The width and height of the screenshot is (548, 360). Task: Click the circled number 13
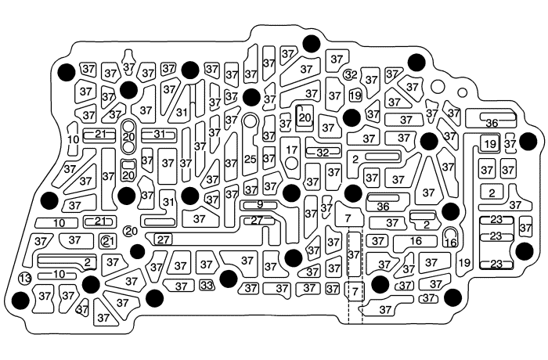tap(24, 279)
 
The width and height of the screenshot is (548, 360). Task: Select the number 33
tap(207, 285)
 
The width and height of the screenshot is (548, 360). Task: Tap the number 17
tap(291, 149)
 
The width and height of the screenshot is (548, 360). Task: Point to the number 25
tap(250, 160)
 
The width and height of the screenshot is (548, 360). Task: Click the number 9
tap(259, 205)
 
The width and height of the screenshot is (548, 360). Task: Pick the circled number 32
tap(351, 75)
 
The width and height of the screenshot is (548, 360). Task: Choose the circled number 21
tap(108, 240)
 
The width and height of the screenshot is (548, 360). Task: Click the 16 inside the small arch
tap(450, 243)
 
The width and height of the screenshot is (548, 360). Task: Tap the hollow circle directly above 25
tap(250, 121)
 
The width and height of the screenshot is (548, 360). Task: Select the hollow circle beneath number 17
tap(291, 164)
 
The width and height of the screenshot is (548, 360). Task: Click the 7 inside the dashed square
tap(355, 291)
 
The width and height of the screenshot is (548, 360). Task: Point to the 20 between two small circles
tap(129, 136)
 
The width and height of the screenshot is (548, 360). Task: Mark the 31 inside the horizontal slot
tap(159, 134)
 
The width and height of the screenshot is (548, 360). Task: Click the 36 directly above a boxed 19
tap(492, 123)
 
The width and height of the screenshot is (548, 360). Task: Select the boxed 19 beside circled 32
tap(355, 95)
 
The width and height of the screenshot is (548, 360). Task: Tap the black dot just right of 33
tap(229, 278)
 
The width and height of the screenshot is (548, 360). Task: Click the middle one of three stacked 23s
tap(496, 236)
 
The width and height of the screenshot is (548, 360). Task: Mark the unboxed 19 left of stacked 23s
tap(464, 263)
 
